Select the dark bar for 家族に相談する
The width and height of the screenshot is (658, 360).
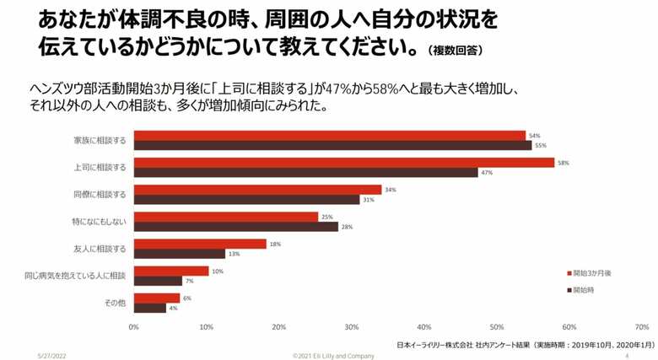click(333, 145)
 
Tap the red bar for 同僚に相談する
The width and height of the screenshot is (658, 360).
click(257, 190)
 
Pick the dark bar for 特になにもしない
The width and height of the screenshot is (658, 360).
click(236, 227)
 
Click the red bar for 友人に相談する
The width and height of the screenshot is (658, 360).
click(200, 244)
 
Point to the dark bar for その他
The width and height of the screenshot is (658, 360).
click(150, 308)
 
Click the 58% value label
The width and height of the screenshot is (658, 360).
click(564, 162)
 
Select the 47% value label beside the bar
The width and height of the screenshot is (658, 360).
click(486, 173)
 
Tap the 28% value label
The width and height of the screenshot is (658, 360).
click(346, 227)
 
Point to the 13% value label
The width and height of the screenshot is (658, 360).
click(234, 254)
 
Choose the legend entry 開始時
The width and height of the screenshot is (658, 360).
click(585, 290)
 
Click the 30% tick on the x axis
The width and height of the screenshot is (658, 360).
click(352, 326)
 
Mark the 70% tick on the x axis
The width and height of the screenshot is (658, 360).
click(642, 326)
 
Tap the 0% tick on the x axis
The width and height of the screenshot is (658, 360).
click(134, 326)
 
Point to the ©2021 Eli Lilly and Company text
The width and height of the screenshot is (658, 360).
click(333, 355)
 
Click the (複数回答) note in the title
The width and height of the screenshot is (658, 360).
click(455, 51)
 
